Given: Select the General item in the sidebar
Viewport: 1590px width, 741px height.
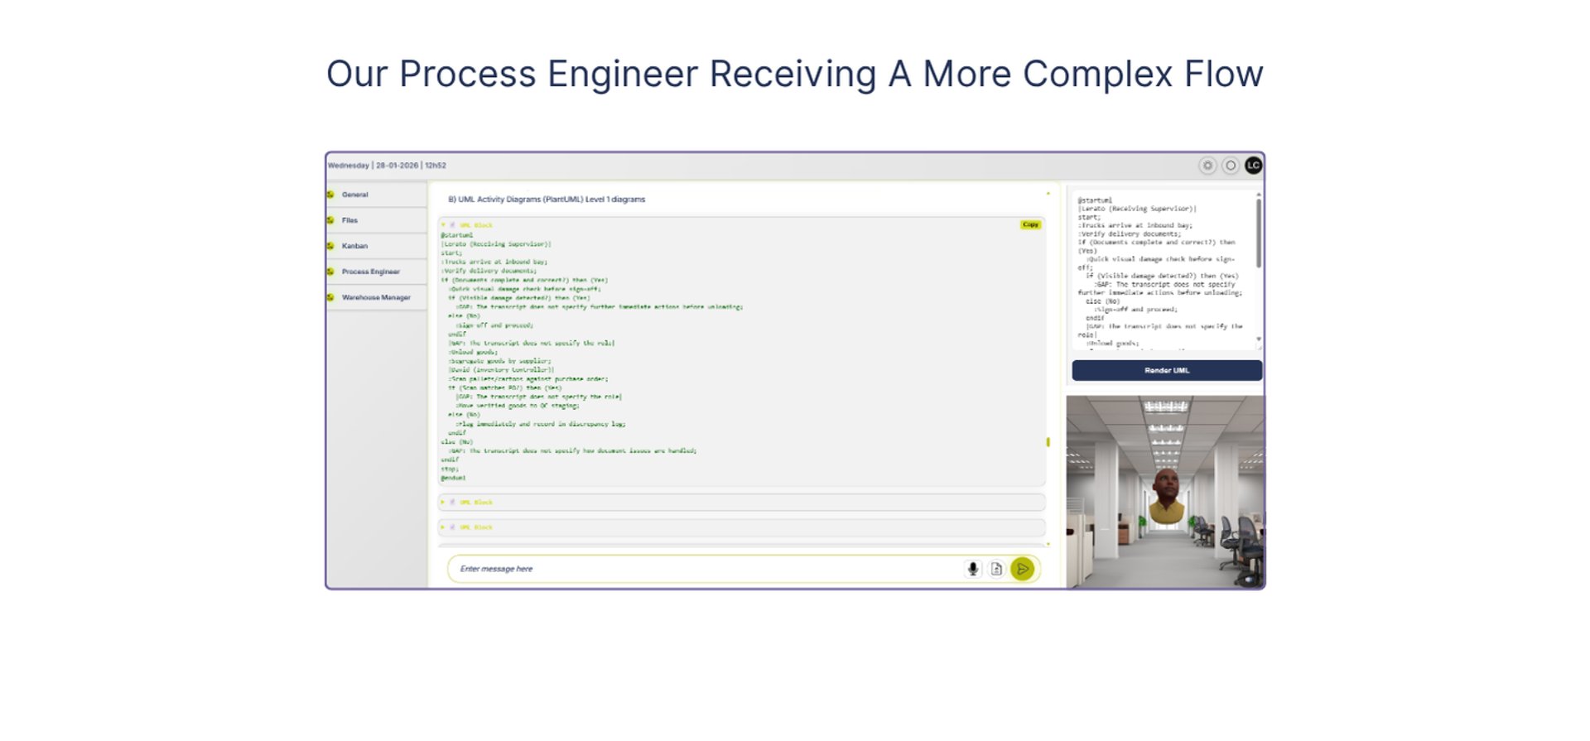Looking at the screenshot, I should tap(355, 195).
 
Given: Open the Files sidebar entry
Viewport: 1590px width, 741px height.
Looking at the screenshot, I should tap(349, 220).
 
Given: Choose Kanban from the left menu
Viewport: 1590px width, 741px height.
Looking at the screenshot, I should tap(354, 246).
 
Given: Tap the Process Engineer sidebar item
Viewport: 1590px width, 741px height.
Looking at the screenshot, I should tap(370, 272).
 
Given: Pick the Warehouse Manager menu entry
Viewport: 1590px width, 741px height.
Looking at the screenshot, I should tap(376, 297).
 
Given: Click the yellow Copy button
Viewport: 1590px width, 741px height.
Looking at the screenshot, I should tap(1030, 224).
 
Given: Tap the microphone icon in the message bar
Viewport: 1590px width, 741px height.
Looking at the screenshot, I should tap(973, 569).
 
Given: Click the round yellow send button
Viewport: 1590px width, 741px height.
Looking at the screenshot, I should tap(1023, 569).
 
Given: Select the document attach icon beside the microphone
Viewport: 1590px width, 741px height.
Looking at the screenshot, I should tap(997, 569).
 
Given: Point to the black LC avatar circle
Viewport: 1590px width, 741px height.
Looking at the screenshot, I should tap(1253, 166).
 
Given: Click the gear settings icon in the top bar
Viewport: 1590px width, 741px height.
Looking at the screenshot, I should tap(1207, 166).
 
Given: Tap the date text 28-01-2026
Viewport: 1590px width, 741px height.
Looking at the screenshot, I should tap(397, 166).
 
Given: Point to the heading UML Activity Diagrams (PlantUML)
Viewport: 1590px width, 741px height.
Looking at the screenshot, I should tap(547, 200).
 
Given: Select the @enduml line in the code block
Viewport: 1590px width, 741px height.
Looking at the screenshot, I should tap(453, 478).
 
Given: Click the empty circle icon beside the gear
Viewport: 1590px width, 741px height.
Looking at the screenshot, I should tap(1231, 166).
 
